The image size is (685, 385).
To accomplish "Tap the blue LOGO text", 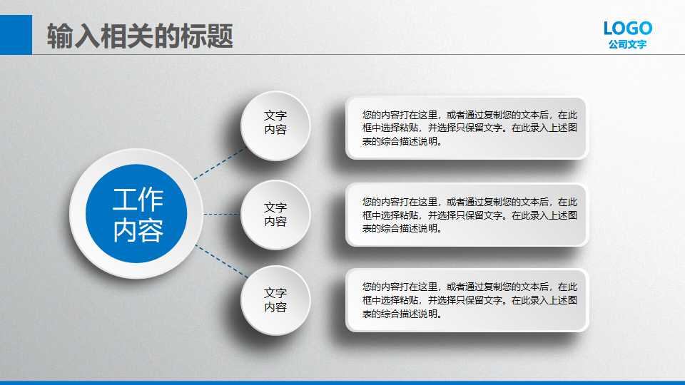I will (x=627, y=29).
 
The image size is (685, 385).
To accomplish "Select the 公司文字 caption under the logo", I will (x=627, y=44).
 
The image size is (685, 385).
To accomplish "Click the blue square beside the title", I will (x=16, y=34).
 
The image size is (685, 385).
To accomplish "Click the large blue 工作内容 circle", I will (x=136, y=214).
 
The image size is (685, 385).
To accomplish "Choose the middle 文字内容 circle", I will (x=275, y=214).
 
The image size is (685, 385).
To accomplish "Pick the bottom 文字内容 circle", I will (x=275, y=300).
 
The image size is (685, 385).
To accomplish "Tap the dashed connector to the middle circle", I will (x=222, y=214).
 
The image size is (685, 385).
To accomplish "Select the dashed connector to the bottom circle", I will (x=221, y=262).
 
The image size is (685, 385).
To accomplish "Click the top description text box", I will (x=467, y=128).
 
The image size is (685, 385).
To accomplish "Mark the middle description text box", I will (x=467, y=215).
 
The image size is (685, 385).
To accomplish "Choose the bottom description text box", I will (x=467, y=300).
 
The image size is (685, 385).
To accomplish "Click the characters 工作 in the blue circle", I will (x=137, y=200).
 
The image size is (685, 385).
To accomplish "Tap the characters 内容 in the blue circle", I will (x=137, y=230).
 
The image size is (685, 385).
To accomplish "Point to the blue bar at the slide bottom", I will (x=342, y=382).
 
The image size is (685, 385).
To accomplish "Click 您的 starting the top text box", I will (x=370, y=114).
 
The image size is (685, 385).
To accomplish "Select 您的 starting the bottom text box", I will (x=370, y=287).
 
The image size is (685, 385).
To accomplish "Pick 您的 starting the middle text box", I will (x=370, y=202).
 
